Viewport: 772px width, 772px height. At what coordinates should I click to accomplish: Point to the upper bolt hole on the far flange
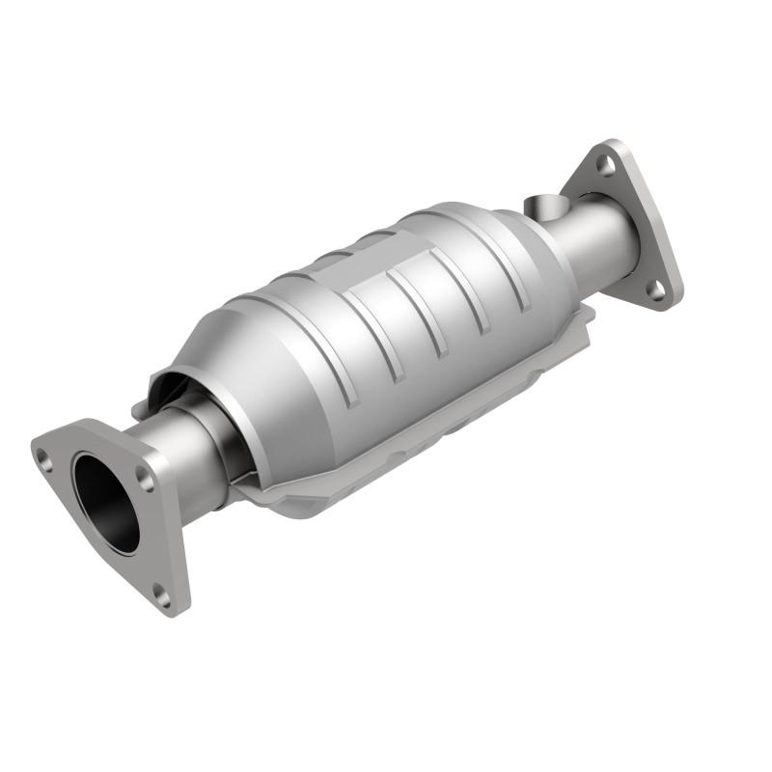[x=606, y=165]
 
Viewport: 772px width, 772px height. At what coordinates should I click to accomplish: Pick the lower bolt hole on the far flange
[x=655, y=288]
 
